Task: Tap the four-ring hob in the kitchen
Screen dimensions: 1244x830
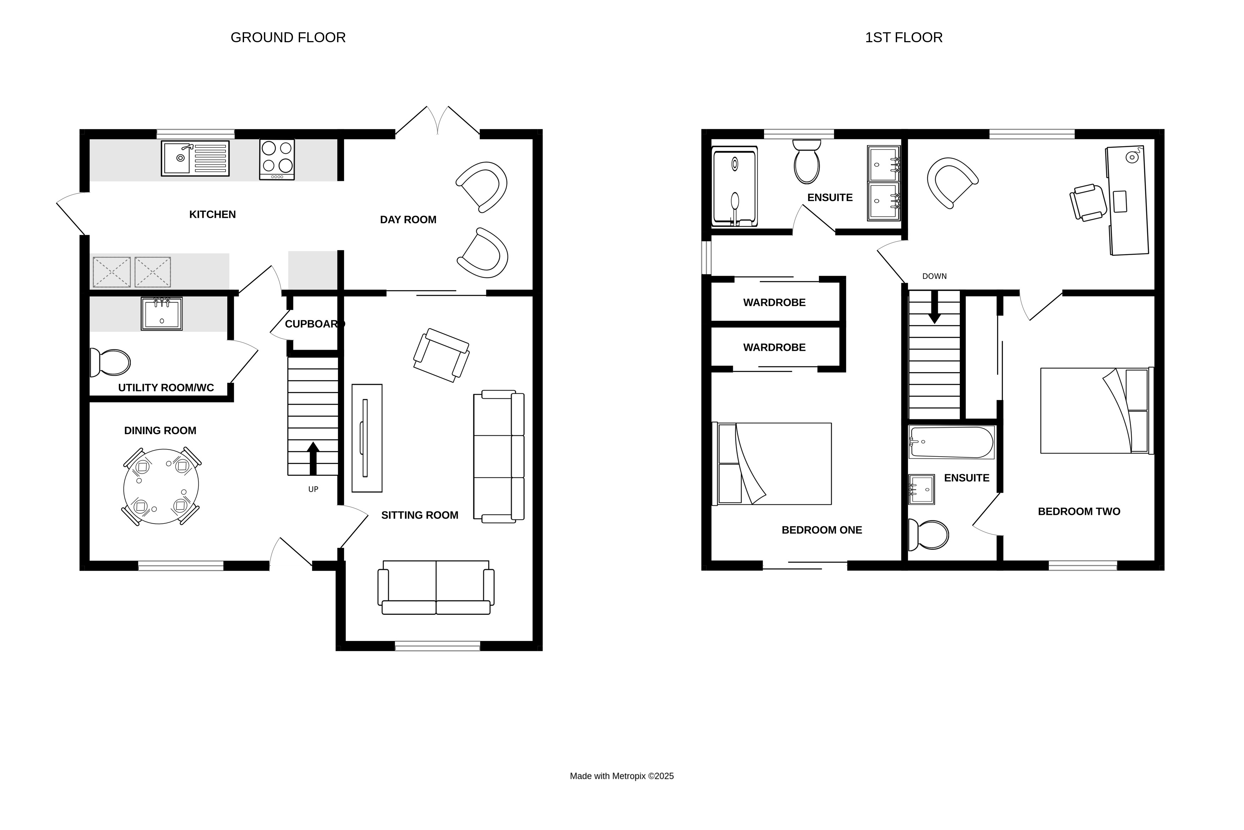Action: pyautogui.click(x=277, y=159)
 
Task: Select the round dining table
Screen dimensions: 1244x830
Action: pyautogui.click(x=161, y=486)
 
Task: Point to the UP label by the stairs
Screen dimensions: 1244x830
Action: pyautogui.click(x=313, y=489)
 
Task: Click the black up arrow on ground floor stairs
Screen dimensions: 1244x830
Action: pyautogui.click(x=313, y=458)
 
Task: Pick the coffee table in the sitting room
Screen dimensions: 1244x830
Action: pyautogui.click(x=367, y=438)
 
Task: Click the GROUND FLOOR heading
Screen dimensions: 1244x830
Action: pyautogui.click(x=288, y=38)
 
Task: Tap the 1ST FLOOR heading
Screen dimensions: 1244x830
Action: pyautogui.click(x=903, y=38)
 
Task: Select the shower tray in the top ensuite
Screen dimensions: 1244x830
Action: pyautogui.click(x=735, y=186)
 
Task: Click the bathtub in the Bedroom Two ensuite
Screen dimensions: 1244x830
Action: pyautogui.click(x=951, y=442)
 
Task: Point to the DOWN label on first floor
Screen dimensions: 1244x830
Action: pyautogui.click(x=934, y=276)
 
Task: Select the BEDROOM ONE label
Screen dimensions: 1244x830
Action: pyautogui.click(x=822, y=530)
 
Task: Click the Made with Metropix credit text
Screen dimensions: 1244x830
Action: pyautogui.click(x=621, y=776)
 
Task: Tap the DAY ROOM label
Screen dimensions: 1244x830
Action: pyautogui.click(x=408, y=220)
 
